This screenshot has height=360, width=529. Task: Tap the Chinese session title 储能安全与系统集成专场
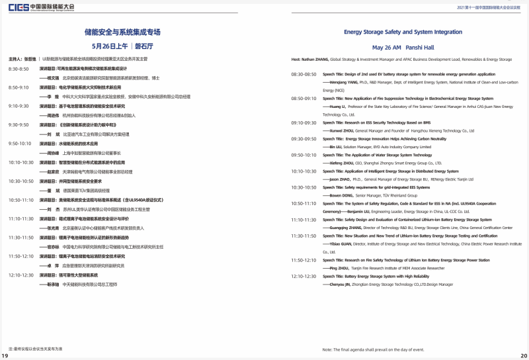click(x=123, y=32)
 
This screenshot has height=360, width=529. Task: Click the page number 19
click(x=5, y=356)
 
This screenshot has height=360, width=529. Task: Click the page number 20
click(x=524, y=356)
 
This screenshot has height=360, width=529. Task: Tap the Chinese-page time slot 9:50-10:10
click(x=20, y=143)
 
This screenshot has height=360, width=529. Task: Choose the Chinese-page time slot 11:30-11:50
click(x=21, y=237)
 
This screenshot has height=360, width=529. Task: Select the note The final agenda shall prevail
click(x=377, y=349)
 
